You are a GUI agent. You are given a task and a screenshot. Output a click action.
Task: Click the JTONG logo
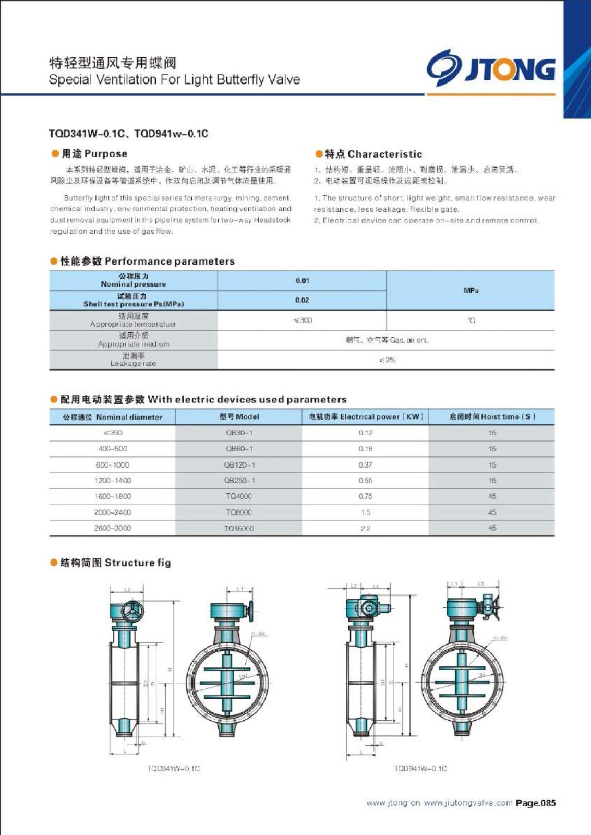(x=491, y=69)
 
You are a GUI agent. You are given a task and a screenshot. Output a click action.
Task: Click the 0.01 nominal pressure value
(x=303, y=281)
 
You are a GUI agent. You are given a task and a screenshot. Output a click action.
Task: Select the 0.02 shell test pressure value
(x=302, y=300)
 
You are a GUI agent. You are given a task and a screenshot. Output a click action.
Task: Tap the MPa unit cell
(x=471, y=290)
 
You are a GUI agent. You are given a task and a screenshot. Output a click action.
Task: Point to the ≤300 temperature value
(x=303, y=320)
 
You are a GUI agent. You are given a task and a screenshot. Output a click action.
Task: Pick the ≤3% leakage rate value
(x=387, y=360)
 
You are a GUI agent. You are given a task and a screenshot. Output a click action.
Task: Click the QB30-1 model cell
(x=239, y=433)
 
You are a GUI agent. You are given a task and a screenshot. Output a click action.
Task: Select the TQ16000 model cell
(x=238, y=528)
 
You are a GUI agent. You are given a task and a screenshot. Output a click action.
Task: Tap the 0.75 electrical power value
(x=365, y=496)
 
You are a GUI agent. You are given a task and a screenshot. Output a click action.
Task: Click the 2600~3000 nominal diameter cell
(x=112, y=528)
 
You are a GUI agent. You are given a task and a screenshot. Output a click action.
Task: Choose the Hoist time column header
(x=492, y=416)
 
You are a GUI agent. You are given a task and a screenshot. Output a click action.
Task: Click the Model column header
(x=239, y=416)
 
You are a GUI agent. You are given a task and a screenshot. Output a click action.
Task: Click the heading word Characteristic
(x=384, y=154)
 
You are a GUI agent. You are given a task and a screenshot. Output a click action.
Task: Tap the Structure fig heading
(x=138, y=563)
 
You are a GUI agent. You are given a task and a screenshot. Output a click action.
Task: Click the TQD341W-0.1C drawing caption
(x=173, y=769)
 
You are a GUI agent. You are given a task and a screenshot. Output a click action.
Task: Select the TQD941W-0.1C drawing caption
(x=420, y=769)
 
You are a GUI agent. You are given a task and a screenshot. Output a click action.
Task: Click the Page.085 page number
(x=536, y=803)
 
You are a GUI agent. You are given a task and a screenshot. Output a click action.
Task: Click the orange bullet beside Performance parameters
(x=54, y=261)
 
